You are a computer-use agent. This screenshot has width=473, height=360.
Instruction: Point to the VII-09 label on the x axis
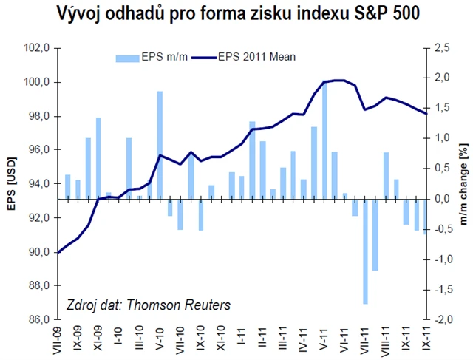tap(59, 339)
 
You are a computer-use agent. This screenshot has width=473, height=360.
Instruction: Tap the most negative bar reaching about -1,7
tap(365, 251)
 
